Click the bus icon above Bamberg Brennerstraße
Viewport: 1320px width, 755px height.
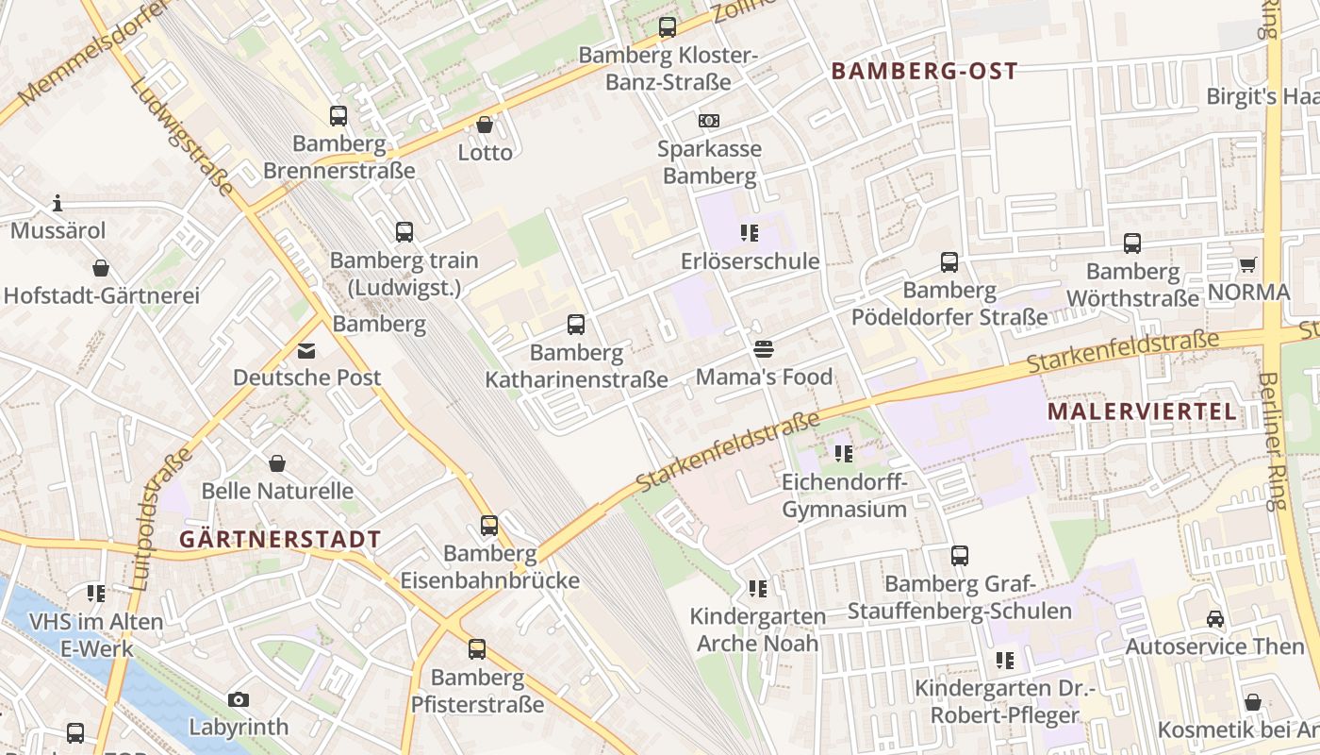[338, 116]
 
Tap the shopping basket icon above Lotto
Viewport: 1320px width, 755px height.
[485, 125]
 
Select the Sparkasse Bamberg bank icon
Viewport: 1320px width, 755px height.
[709, 121]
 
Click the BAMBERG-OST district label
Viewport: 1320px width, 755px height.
[924, 71]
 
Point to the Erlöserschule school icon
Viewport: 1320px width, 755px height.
[750, 233]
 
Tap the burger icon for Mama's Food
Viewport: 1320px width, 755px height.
[764, 349]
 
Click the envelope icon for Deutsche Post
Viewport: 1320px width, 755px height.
[306, 350]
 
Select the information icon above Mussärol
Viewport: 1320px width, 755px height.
[58, 203]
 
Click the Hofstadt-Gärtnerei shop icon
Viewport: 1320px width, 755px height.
[101, 268]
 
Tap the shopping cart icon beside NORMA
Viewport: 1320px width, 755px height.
[1247, 265]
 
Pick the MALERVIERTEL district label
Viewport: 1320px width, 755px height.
[1142, 411]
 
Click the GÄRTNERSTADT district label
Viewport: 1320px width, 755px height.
[280, 540]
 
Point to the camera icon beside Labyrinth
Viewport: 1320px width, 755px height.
[239, 699]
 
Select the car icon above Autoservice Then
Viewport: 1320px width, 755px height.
[1215, 619]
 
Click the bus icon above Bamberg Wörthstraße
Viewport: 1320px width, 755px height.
[1132, 243]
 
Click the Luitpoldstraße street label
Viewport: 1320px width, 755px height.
[157, 519]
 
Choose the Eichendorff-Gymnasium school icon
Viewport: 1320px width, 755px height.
[844, 454]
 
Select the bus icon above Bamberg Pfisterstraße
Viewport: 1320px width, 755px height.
[477, 649]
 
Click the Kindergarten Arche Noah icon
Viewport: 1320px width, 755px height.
[757, 589]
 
